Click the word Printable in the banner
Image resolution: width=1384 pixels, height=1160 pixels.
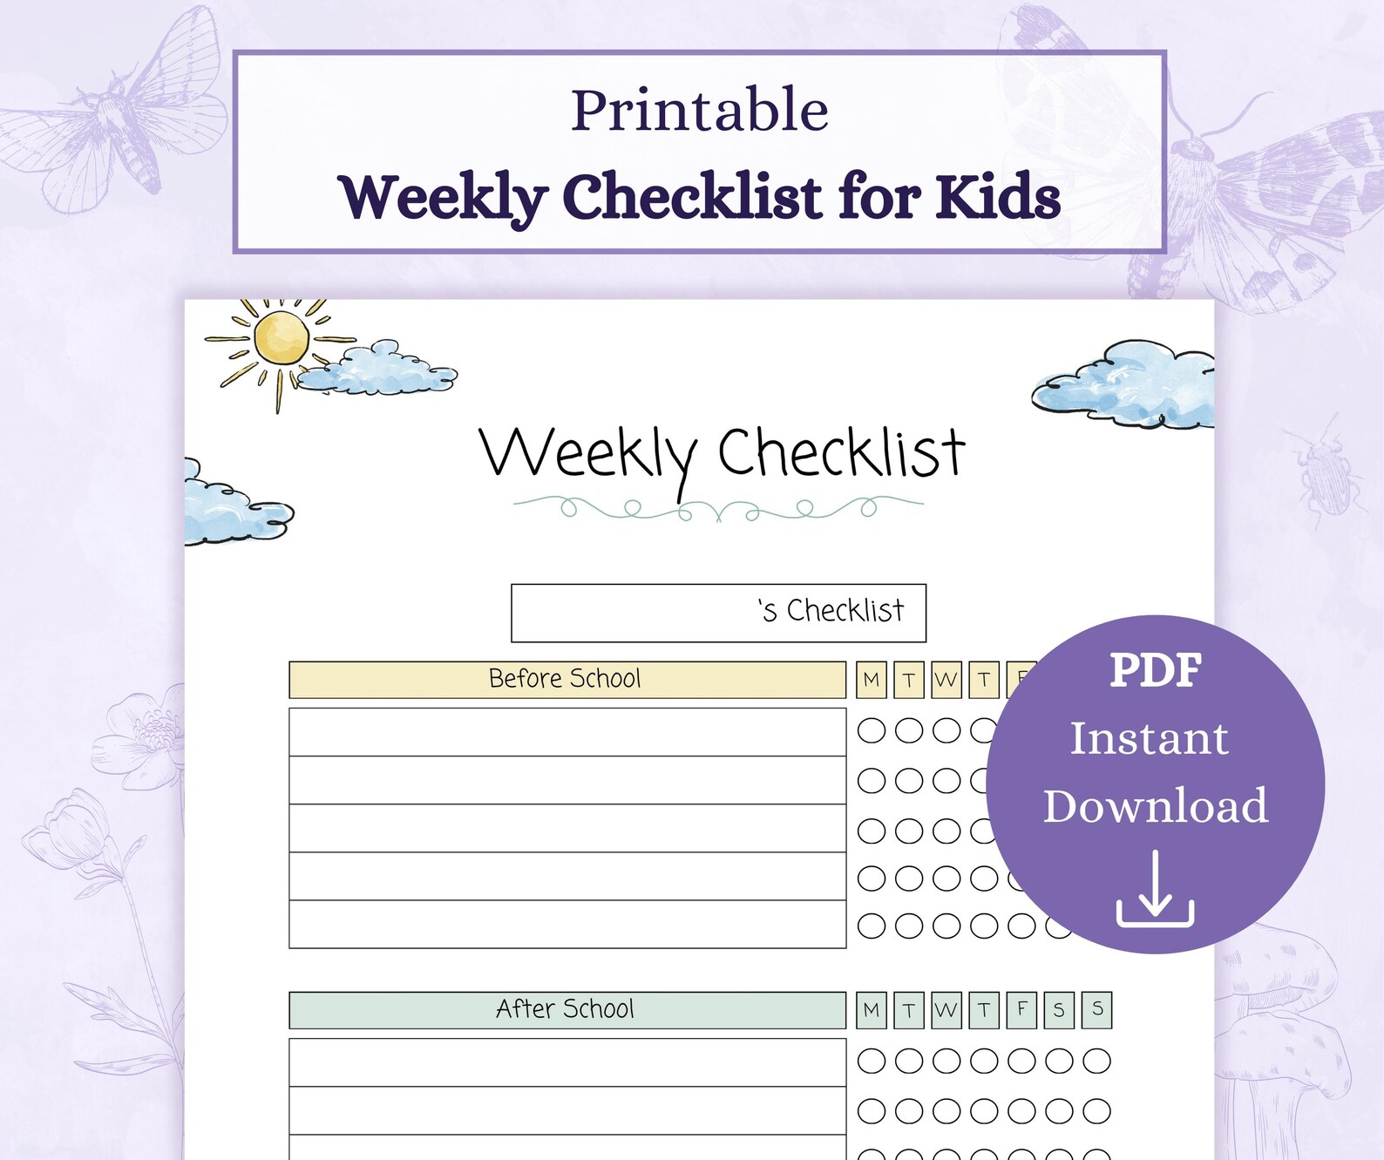click(699, 111)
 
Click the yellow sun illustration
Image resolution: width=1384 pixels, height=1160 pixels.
click(282, 338)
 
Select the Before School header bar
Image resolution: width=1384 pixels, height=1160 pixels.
click(566, 679)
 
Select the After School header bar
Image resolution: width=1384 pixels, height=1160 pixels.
click(566, 1009)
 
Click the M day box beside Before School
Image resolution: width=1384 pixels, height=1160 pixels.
click(871, 680)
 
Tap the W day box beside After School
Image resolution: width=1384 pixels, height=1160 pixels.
click(946, 1010)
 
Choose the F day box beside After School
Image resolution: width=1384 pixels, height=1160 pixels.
click(1021, 1010)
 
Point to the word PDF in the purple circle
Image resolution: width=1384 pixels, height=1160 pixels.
click(1155, 670)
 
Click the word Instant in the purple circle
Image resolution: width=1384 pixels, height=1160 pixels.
click(1149, 738)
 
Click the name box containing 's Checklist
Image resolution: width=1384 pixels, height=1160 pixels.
click(718, 613)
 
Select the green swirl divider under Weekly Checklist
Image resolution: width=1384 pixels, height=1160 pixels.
click(718, 507)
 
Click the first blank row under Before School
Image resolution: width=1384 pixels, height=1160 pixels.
click(566, 732)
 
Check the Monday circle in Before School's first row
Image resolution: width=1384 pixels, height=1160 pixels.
click(871, 730)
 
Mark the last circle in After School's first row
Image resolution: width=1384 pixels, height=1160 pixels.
click(1096, 1061)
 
